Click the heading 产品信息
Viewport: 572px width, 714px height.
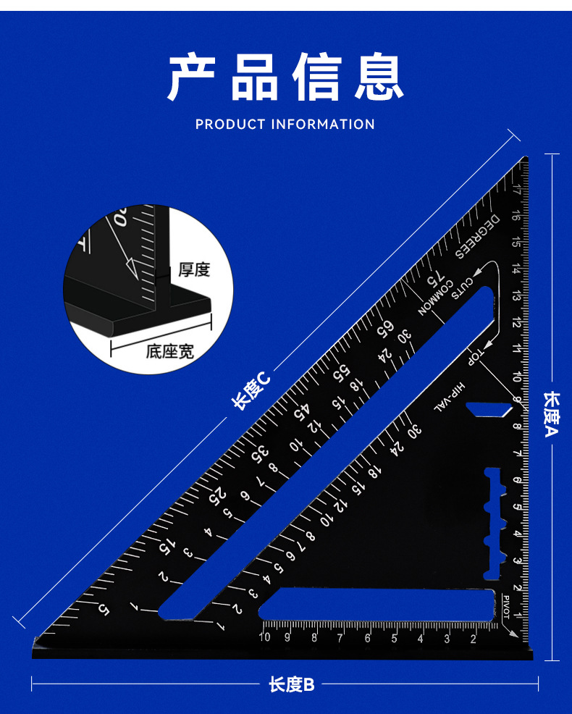coord(285,77)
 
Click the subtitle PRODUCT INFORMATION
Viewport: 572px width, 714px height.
coord(285,125)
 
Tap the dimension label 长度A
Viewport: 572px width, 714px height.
coord(552,414)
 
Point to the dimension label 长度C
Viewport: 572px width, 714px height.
coord(251,390)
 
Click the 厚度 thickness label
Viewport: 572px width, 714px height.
coord(194,270)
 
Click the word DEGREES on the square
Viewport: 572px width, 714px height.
coord(478,236)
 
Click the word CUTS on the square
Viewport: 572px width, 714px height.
coord(463,288)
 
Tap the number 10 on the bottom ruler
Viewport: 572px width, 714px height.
coord(264,637)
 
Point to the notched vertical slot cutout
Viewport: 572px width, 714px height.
coord(492,524)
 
